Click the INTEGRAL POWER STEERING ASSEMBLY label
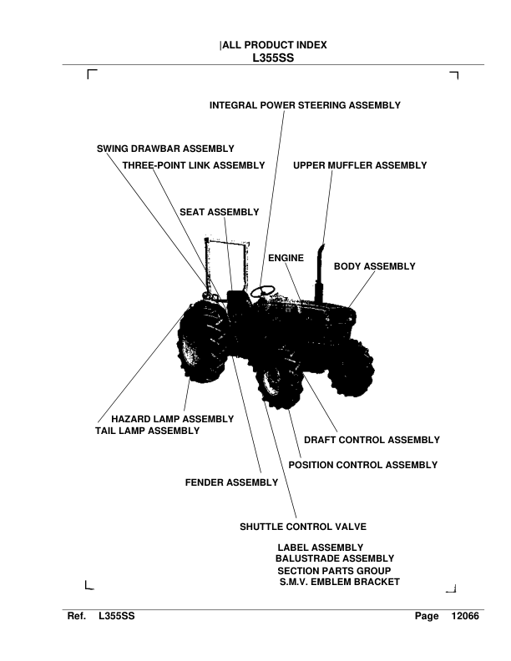coord(305,106)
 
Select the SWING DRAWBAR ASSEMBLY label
coord(165,149)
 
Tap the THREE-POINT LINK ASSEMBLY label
coord(194,165)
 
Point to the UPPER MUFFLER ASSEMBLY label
coord(360,165)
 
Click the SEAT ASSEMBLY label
coord(220,212)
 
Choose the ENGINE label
coord(286,259)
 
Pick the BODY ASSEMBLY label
coord(374,266)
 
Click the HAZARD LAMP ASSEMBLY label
coord(172,418)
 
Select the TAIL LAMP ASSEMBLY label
coord(148,431)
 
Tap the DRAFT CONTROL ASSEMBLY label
coord(372,440)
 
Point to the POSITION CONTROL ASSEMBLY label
coord(362,465)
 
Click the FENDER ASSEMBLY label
coord(231,482)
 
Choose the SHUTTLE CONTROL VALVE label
coord(303,527)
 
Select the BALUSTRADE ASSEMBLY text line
coord(334,558)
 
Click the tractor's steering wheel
coord(264,291)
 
